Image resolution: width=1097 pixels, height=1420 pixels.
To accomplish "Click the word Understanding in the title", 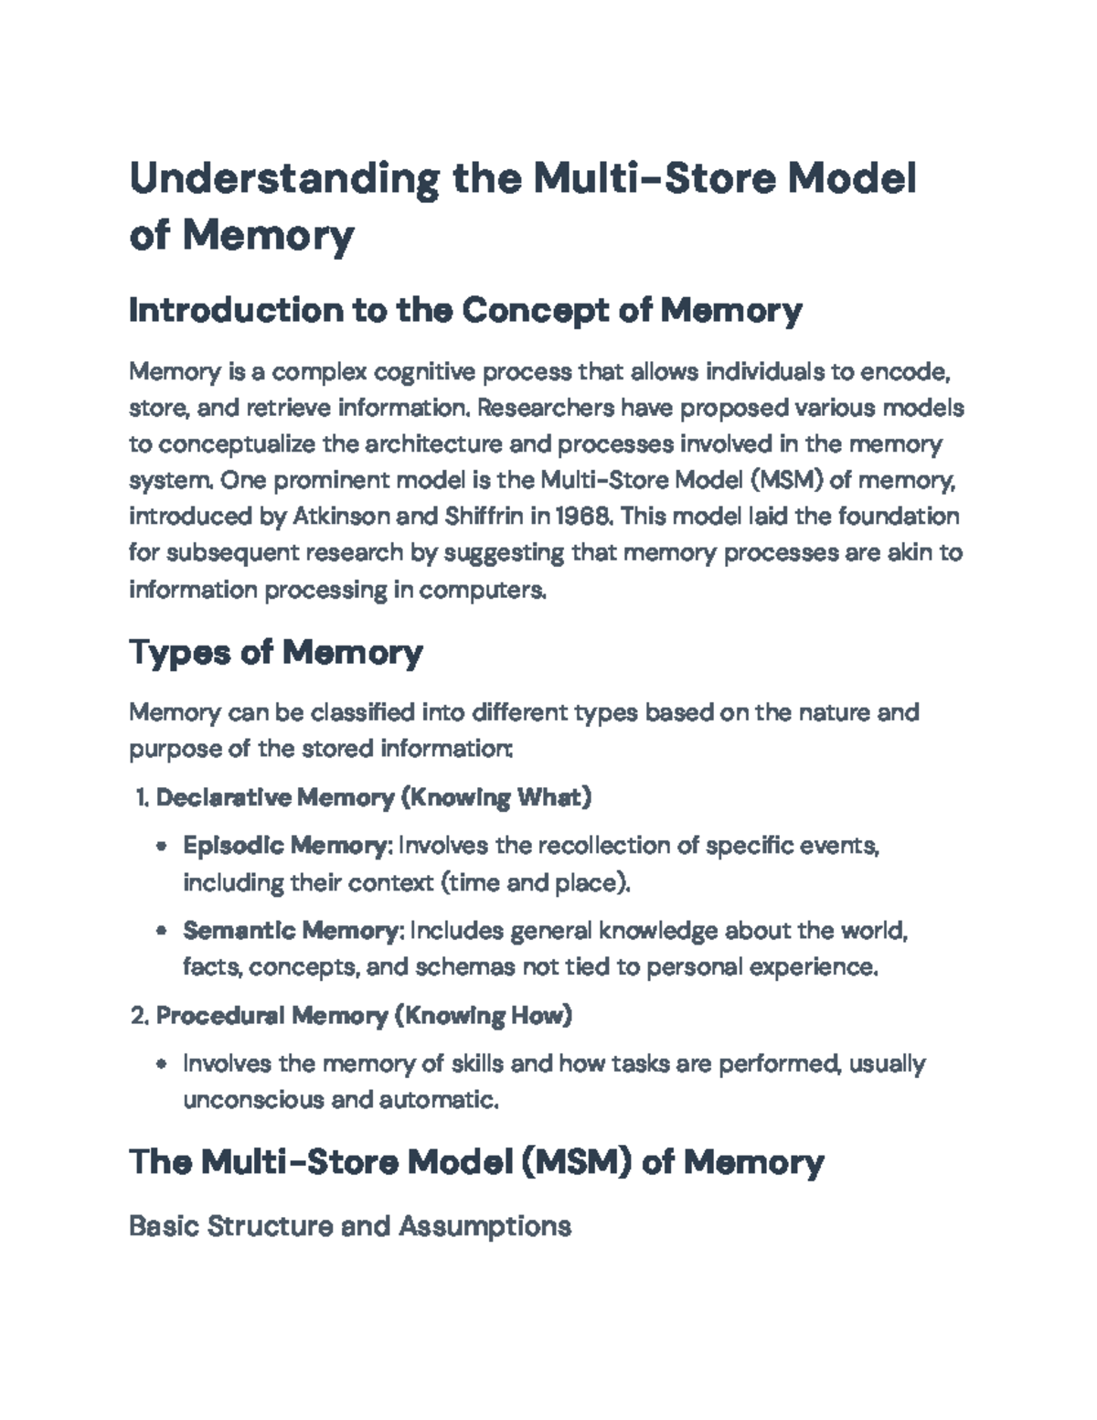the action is point(283,179).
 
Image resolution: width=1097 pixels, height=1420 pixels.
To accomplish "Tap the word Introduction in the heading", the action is point(232,311).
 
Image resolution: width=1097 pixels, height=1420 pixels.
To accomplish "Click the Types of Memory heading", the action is point(275,652).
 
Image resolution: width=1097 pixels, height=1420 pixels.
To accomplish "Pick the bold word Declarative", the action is point(223,797).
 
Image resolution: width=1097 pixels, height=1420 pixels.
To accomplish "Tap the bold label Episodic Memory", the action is point(286,846).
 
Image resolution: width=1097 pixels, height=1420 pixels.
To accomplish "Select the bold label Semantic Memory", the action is point(292,931).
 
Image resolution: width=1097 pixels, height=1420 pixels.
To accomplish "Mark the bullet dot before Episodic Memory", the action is point(162,847).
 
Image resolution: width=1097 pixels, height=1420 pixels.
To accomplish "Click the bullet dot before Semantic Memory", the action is point(162,932).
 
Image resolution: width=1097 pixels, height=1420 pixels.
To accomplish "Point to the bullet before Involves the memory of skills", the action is point(162,1064).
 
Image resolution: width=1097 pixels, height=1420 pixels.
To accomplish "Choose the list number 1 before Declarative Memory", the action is point(140,798).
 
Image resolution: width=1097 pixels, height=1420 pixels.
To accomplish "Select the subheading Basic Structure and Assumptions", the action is point(350,1225).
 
